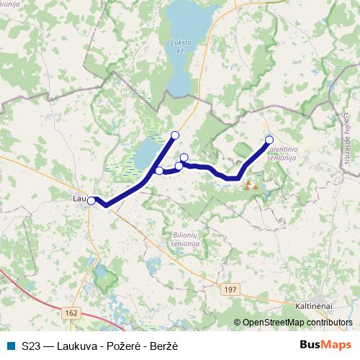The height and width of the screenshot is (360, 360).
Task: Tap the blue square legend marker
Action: click(x=10, y=345)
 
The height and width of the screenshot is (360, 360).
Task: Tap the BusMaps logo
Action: click(x=325, y=344)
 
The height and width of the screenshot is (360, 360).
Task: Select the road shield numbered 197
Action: click(x=230, y=288)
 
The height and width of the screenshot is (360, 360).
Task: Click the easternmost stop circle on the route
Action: click(x=269, y=140)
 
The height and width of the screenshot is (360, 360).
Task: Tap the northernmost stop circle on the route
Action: click(x=174, y=135)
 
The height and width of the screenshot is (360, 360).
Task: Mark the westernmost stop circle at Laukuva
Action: click(x=91, y=201)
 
